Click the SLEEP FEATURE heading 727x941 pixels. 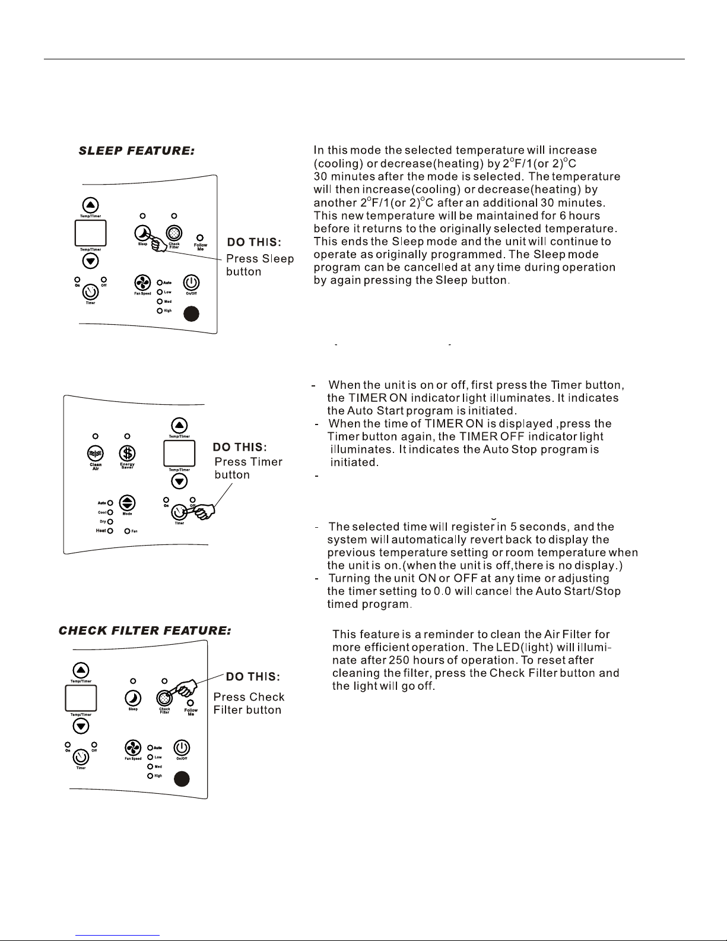click(x=136, y=151)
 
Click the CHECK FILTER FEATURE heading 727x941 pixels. click(x=145, y=630)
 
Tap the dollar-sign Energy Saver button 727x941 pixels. click(x=127, y=454)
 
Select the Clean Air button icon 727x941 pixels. click(x=95, y=454)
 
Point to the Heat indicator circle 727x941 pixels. click(x=110, y=531)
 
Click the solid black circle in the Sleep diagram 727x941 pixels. click(x=191, y=313)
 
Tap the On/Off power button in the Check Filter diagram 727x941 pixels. click(x=182, y=747)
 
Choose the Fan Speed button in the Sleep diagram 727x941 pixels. click(x=142, y=283)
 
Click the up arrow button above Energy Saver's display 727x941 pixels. click(x=179, y=426)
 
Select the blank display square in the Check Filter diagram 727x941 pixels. click(x=81, y=698)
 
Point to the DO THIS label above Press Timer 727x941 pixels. click(x=240, y=447)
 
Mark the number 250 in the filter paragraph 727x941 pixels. click(x=399, y=660)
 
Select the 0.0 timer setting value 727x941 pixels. click(x=443, y=591)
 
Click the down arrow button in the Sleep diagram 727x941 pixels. click(x=90, y=261)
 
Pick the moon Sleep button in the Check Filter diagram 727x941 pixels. click(x=133, y=698)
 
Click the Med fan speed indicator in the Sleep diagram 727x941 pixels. click(x=160, y=302)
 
